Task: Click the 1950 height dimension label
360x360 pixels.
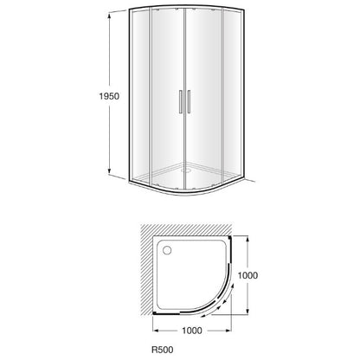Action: (x=109, y=96)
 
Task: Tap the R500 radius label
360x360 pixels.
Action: (x=163, y=350)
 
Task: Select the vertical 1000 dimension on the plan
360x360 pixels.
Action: (x=247, y=275)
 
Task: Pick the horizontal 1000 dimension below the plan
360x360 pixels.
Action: (x=192, y=331)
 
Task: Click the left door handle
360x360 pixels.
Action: (x=180, y=101)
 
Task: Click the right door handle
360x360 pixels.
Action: (x=189, y=101)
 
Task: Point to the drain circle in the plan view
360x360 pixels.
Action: (x=167, y=250)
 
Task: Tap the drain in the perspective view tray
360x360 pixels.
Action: (x=186, y=170)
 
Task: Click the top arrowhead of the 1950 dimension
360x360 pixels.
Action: (x=109, y=16)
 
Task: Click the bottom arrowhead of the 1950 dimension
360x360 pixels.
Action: (x=109, y=171)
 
